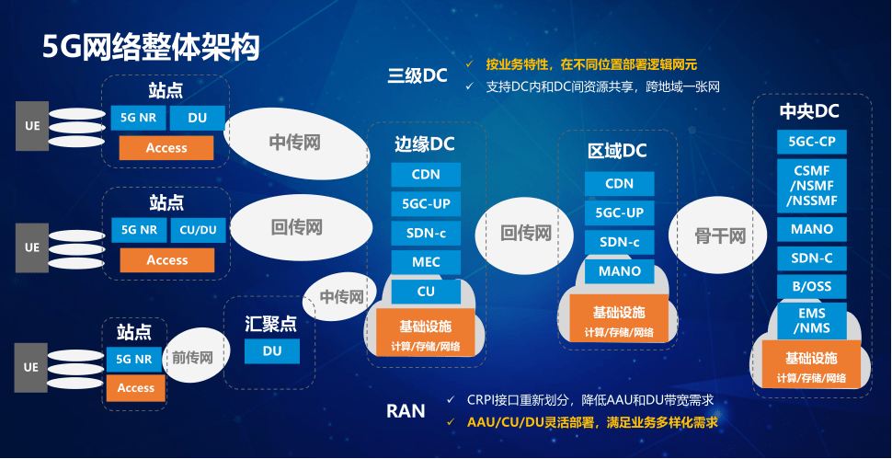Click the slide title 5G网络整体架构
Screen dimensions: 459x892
151,47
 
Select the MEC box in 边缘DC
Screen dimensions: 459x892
426,262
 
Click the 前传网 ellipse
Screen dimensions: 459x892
192,358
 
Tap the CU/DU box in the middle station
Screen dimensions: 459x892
198,230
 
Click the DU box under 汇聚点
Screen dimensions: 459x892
272,350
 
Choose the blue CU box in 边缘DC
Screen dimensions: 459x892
426,292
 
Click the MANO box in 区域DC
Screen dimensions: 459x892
619,271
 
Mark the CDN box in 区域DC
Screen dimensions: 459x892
619,184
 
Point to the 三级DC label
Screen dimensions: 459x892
417,75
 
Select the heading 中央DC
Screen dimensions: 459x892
809,111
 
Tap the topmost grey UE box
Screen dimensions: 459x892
31,126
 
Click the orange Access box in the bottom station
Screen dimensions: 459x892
136,388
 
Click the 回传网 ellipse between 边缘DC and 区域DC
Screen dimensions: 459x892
525,234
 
